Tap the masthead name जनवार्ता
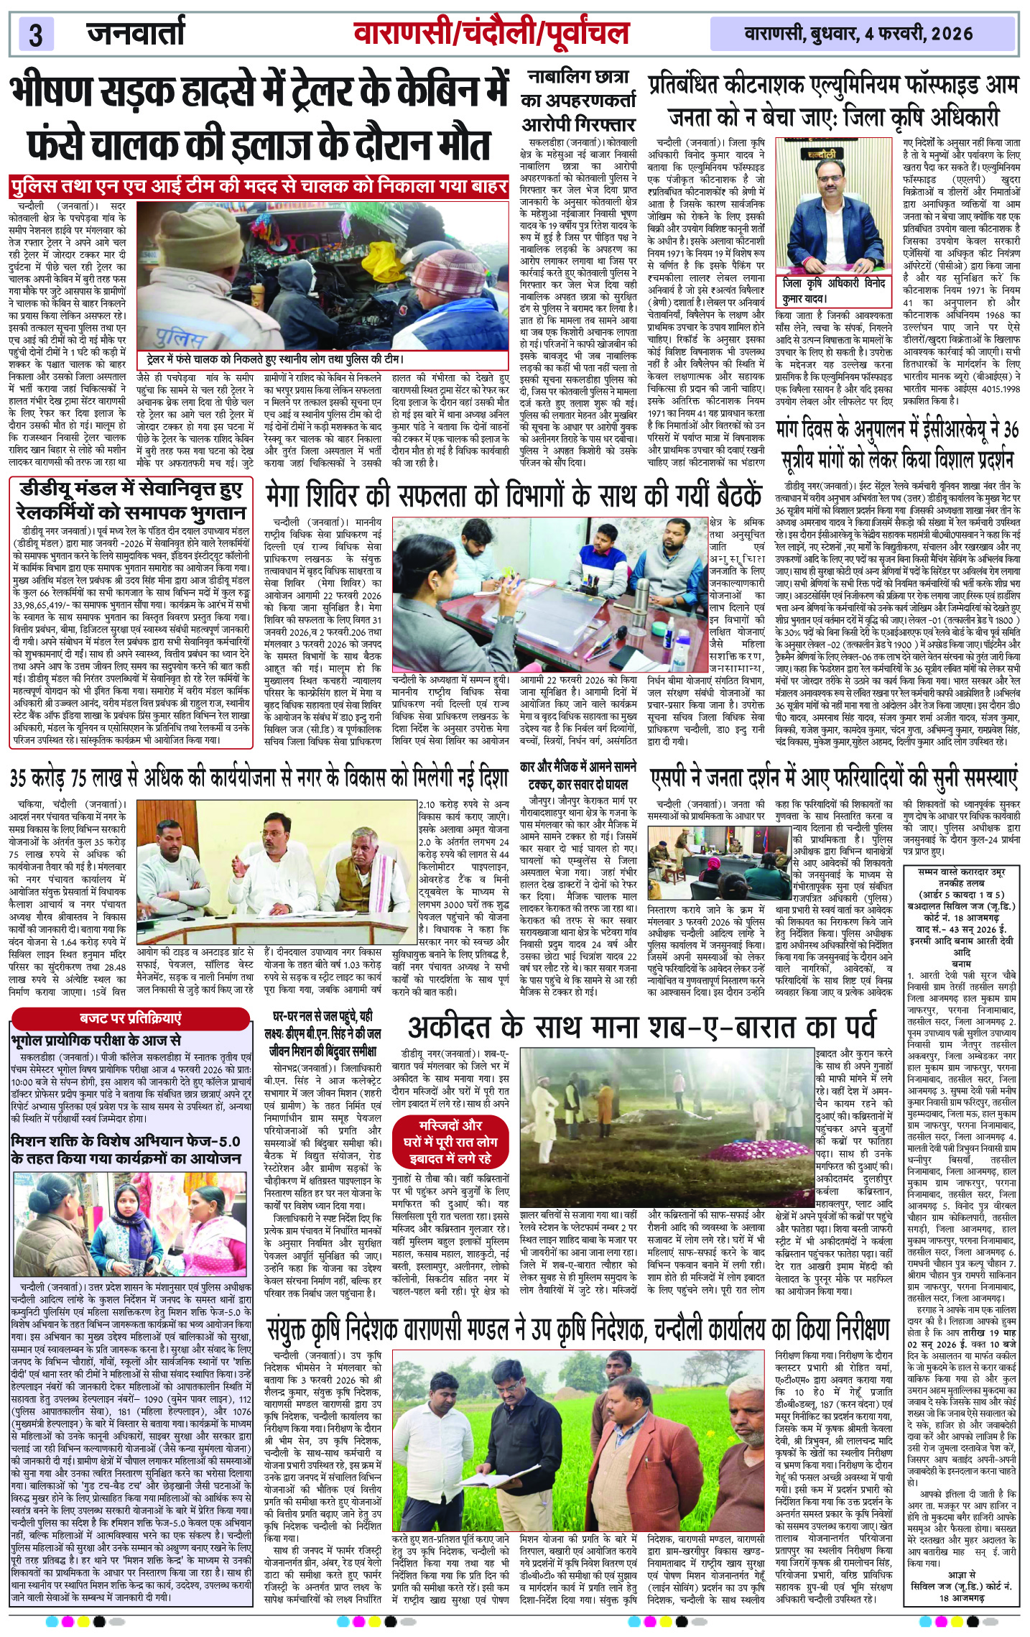coord(136,33)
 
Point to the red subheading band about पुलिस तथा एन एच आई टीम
coord(259,186)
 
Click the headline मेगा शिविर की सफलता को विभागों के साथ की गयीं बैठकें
coord(513,496)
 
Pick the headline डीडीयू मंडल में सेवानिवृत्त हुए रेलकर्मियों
coord(132,501)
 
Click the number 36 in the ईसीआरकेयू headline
coord(1011,430)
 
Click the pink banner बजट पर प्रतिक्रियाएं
coord(131,1018)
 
